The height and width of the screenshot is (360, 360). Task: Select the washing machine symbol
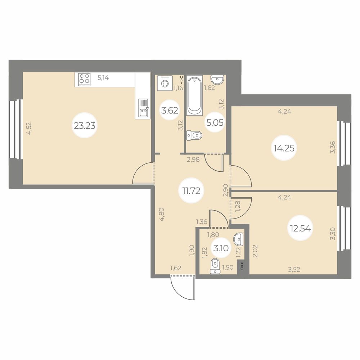coord(165,83)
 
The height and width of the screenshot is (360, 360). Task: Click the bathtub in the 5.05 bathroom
coord(194,96)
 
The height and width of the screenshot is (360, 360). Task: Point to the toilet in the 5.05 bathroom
coord(194,135)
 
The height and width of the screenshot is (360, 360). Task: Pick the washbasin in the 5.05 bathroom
coord(217,80)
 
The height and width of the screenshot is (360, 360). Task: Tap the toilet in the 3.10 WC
coord(215,266)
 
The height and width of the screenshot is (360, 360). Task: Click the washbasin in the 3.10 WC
coord(238,239)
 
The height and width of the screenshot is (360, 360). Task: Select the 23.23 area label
coord(85,125)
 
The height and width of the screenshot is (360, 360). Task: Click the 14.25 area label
coord(284,148)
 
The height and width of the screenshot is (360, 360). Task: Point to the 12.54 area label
coord(300,228)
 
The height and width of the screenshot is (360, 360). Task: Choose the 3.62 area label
coord(170,111)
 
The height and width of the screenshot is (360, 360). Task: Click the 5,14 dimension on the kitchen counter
coord(103,78)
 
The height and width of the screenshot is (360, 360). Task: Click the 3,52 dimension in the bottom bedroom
coord(294,269)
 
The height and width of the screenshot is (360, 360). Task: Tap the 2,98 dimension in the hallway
coord(193,159)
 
